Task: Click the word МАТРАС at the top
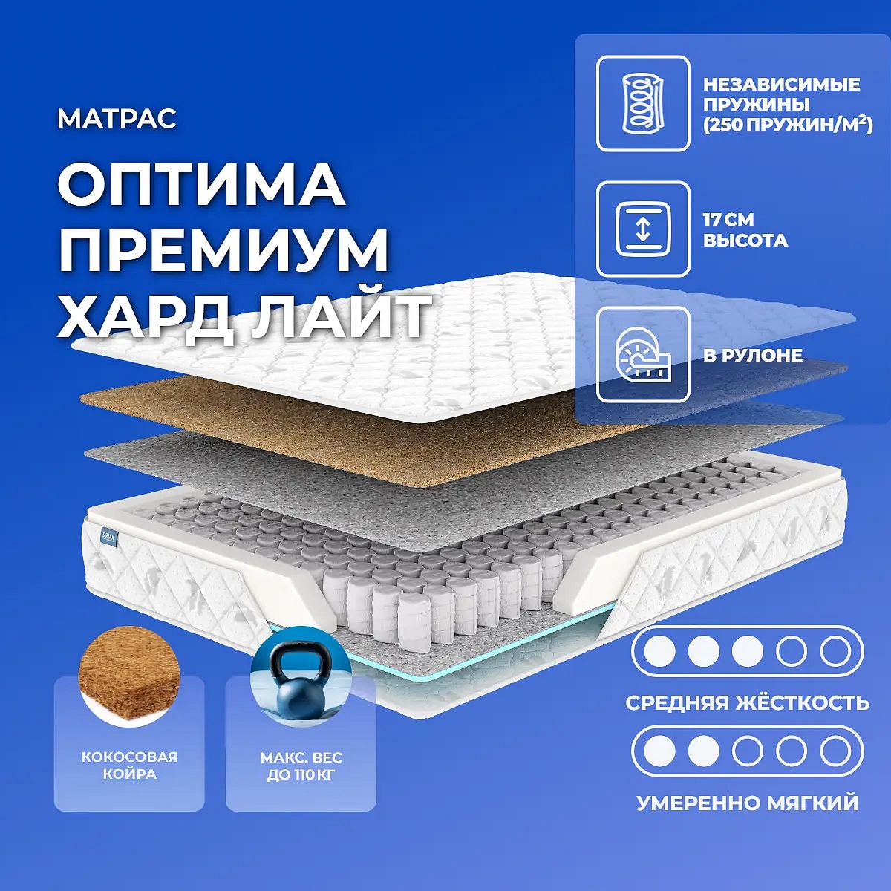(117, 119)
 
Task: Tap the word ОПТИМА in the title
(200, 186)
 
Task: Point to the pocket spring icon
(643, 103)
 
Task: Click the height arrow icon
(643, 229)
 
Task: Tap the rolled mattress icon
(643, 355)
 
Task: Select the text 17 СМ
(728, 219)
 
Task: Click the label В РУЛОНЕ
(753, 355)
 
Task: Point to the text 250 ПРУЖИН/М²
(788, 125)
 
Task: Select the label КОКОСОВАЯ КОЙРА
(129, 766)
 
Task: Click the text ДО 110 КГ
(301, 774)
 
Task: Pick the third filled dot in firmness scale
(747, 651)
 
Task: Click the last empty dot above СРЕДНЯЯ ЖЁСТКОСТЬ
(835, 651)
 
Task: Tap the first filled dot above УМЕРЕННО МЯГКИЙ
(659, 751)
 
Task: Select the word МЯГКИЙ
(812, 804)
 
